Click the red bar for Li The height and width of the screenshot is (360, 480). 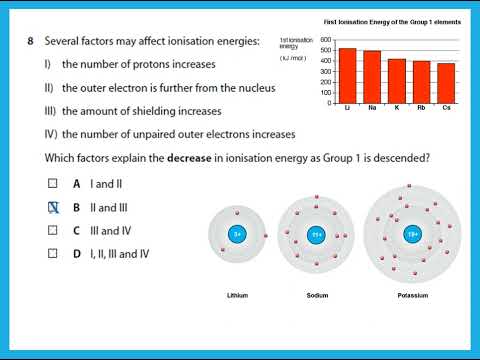tap(347, 75)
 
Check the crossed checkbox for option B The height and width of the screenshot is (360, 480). tap(54, 207)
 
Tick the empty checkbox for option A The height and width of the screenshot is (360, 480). tap(54, 184)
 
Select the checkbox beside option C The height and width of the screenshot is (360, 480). tap(54, 230)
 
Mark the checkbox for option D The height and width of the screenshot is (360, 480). tap(54, 253)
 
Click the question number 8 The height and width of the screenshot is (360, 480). tap(31, 41)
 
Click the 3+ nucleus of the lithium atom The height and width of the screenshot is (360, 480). tap(237, 235)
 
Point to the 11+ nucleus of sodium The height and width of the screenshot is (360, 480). tap(316, 235)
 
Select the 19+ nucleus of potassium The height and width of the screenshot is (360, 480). tap(411, 235)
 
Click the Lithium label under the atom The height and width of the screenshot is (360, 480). tap(237, 296)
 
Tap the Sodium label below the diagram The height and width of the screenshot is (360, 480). tap(316, 296)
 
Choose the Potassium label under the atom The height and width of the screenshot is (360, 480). tap(411, 296)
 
